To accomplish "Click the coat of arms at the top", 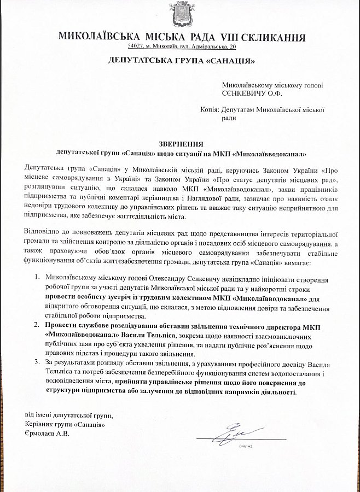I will coord(180,15).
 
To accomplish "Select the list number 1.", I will coord(37,278).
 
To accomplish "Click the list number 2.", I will coord(37,326).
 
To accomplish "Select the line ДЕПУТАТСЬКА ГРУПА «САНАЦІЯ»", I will coord(180,60).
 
